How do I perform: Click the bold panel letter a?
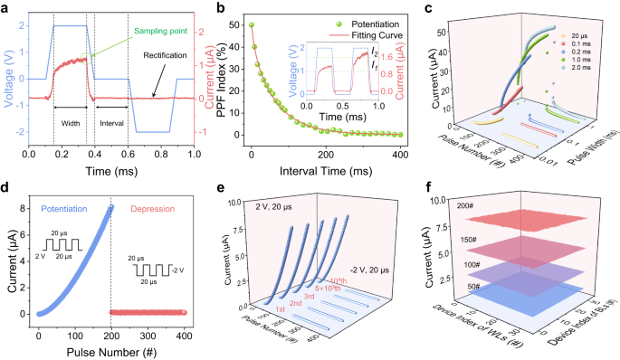tap(6, 7)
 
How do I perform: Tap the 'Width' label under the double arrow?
tap(70, 124)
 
